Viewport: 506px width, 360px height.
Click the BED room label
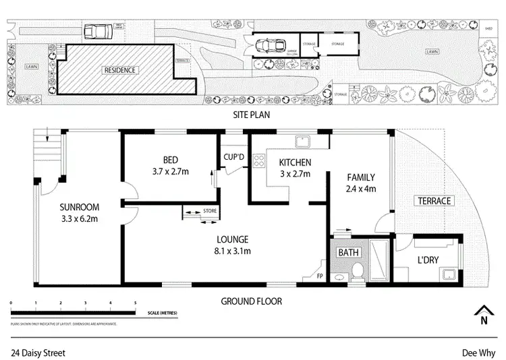[170, 160]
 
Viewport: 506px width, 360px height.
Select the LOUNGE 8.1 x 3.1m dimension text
[233, 251]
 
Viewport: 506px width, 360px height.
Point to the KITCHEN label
[295, 162]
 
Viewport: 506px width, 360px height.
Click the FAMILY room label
[361, 177]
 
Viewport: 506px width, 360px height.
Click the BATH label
[348, 253]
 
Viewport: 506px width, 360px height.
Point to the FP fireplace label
[320, 276]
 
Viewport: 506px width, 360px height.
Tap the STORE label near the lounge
[210, 211]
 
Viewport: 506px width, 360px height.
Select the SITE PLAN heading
[251, 115]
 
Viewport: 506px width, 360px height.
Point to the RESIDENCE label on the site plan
[119, 69]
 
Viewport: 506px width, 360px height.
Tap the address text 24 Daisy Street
[38, 351]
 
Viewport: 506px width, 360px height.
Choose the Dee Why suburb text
[477, 351]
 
